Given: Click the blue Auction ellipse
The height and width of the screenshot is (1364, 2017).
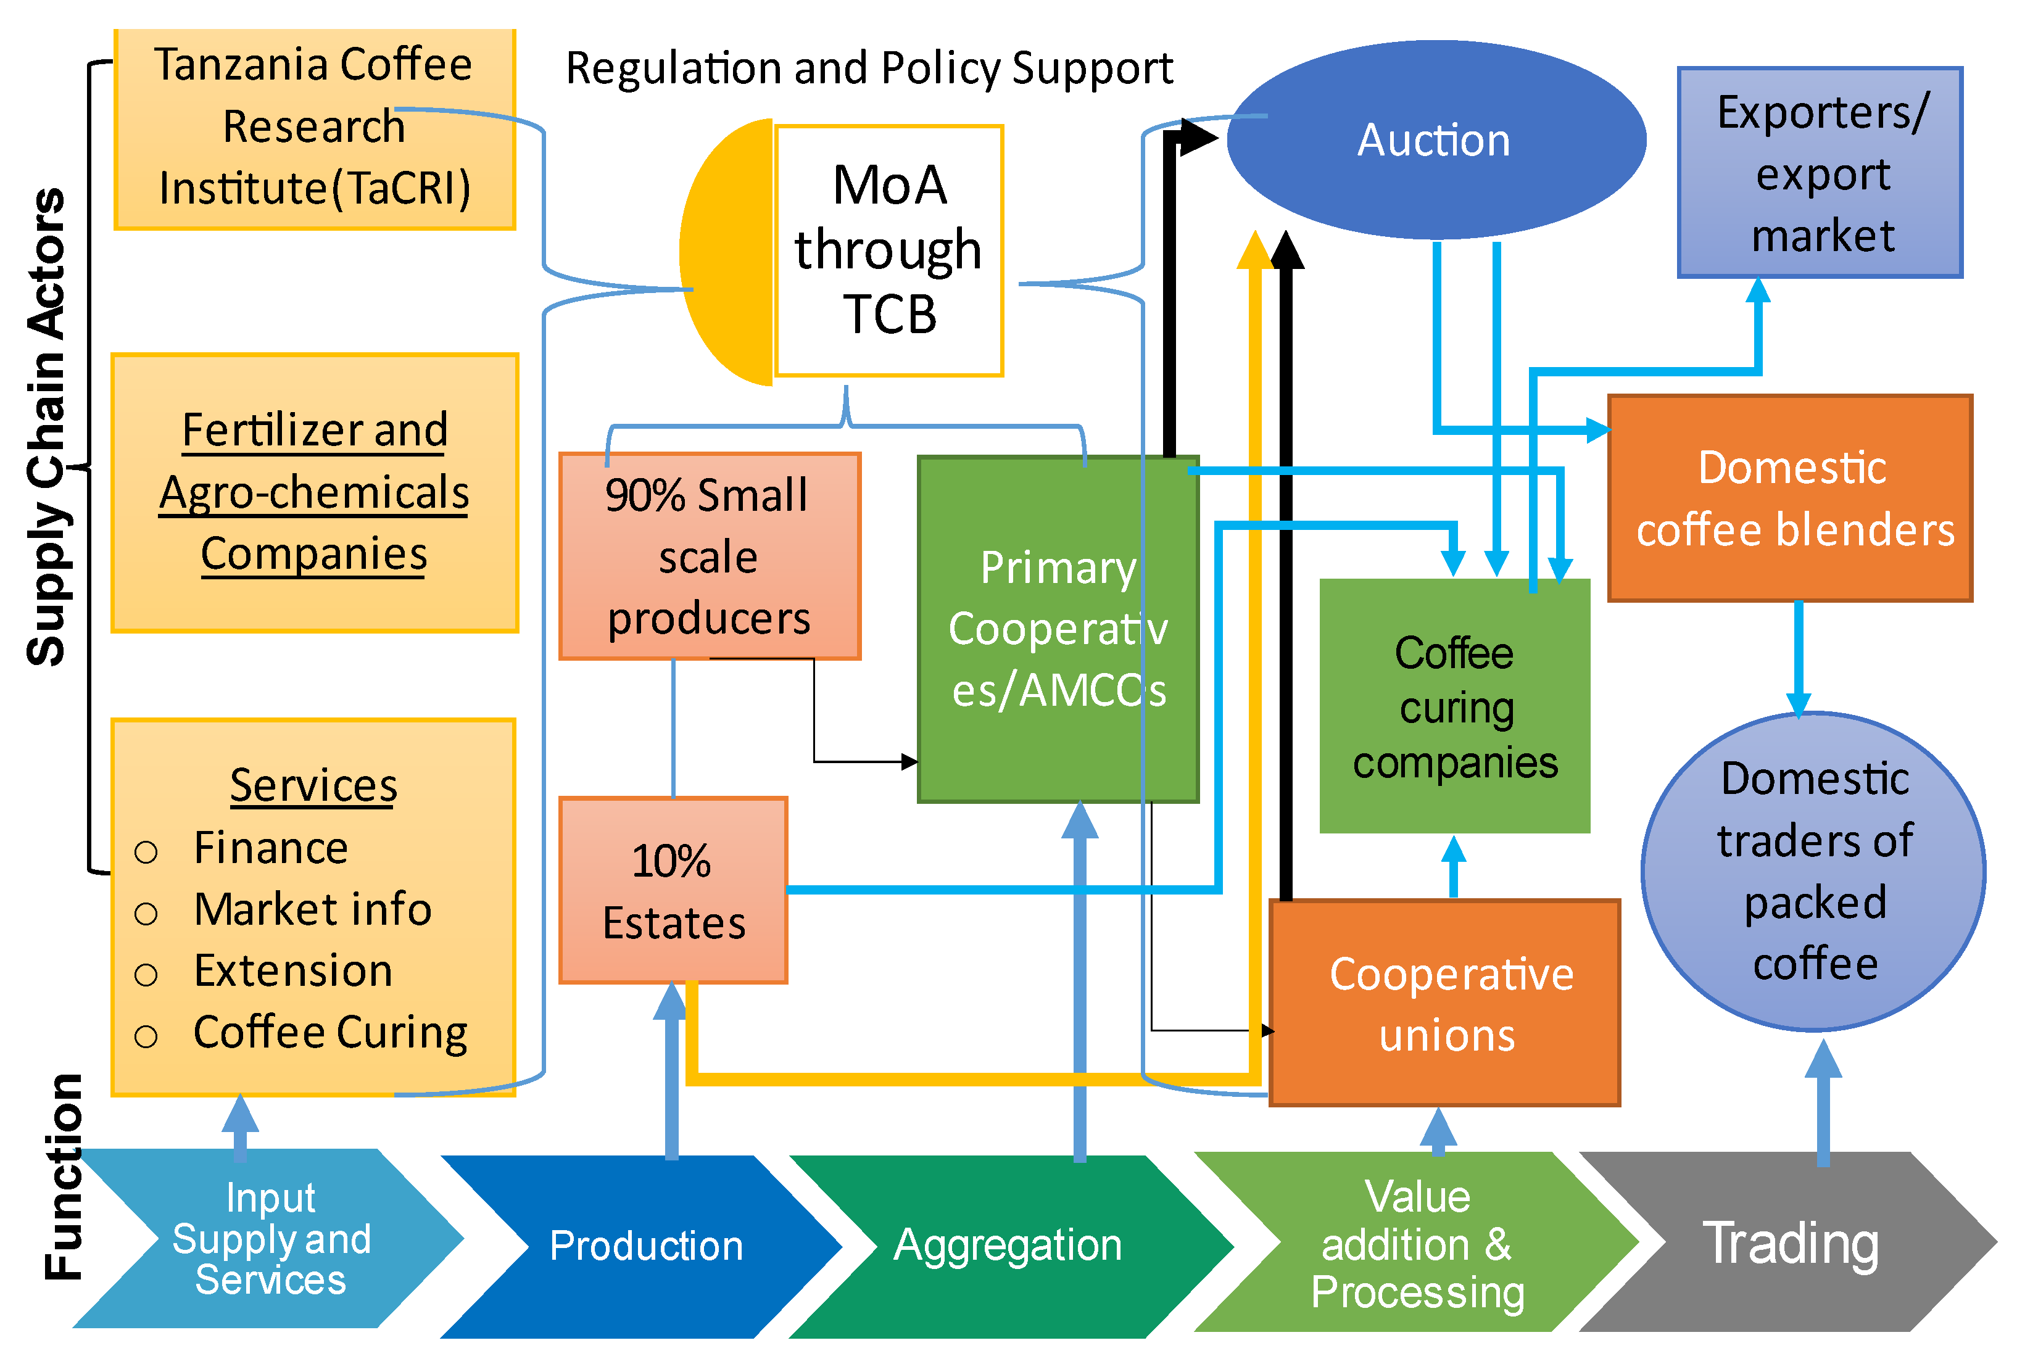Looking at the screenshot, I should tap(1434, 141).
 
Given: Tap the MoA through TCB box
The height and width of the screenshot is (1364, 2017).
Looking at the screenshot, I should tap(888, 252).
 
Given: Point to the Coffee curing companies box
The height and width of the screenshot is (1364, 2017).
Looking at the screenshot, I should tap(1455, 707).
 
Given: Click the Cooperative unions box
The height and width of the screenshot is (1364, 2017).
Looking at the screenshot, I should tap(1445, 1003).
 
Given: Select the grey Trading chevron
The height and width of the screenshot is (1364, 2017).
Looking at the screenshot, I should tap(1789, 1242).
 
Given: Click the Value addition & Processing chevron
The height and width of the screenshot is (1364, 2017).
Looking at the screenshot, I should tap(1417, 1242).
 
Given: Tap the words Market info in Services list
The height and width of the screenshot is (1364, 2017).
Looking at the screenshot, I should tap(312, 909).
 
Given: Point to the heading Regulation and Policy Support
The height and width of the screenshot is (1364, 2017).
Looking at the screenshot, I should tap(869, 68).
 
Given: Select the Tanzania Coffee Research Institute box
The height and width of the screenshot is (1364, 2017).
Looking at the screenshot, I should tap(314, 128).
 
